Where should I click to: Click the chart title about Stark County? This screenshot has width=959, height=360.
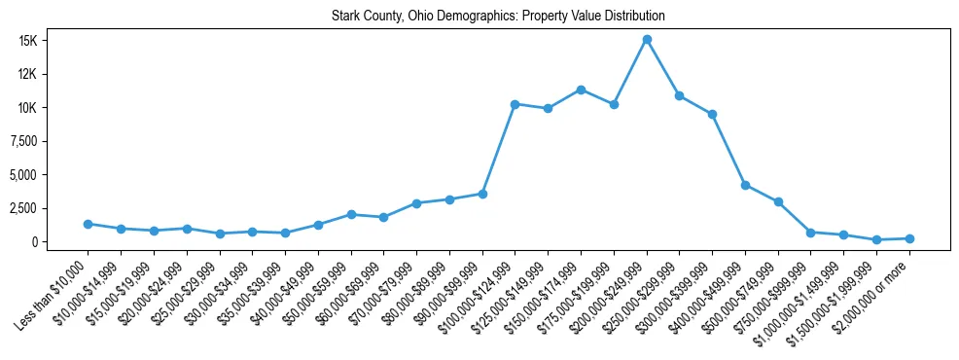point(498,17)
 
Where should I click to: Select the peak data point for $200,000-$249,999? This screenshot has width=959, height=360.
point(647,40)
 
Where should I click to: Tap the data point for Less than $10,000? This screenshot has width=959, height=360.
point(88,224)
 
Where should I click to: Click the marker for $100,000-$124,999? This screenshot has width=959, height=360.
point(515,104)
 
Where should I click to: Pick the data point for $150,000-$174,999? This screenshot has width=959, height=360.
point(581,90)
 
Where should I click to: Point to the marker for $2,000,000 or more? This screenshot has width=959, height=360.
point(909,238)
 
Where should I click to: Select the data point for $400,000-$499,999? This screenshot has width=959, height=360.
point(745,185)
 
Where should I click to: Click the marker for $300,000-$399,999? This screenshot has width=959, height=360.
point(712,115)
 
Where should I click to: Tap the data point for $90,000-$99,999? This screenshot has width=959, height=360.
point(482,194)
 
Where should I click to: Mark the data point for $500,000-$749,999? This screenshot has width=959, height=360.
point(778,202)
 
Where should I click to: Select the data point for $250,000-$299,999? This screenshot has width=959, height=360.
point(679,95)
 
